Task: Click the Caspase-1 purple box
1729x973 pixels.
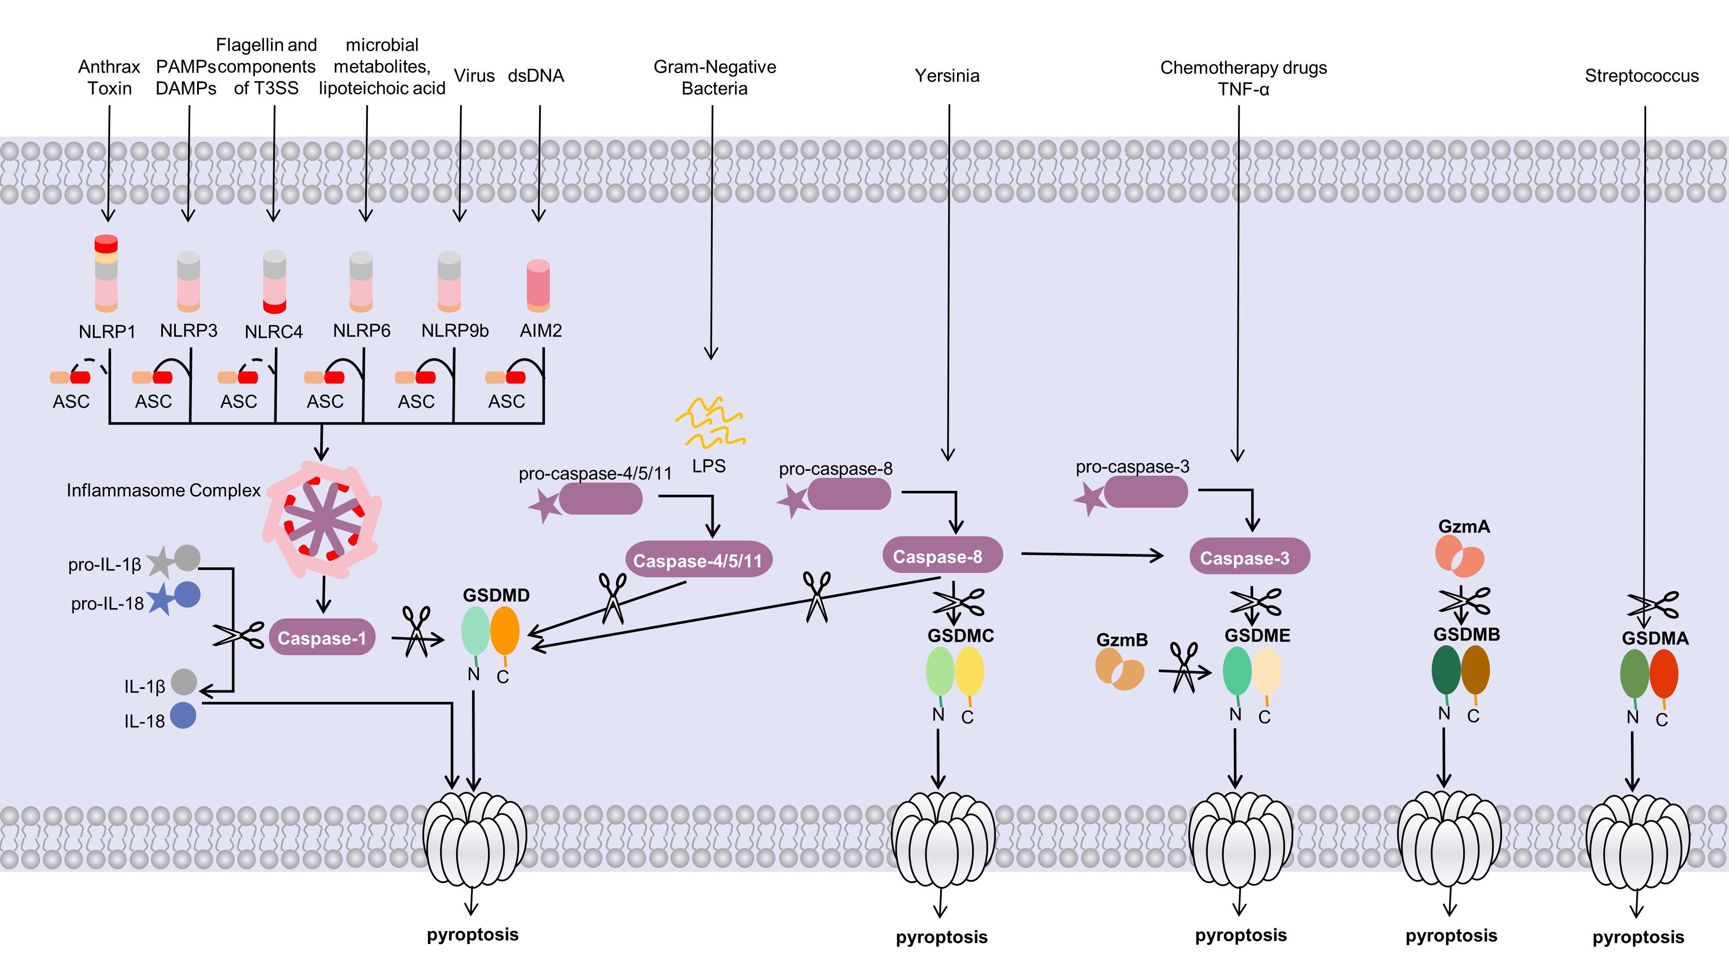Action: click(x=322, y=637)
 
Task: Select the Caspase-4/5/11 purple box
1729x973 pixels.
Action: click(x=698, y=560)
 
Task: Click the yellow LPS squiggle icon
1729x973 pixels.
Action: click(x=710, y=422)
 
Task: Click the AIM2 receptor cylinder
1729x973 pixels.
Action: click(x=538, y=286)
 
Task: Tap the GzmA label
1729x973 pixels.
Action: click(x=1464, y=526)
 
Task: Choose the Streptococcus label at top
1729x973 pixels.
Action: click(x=1642, y=76)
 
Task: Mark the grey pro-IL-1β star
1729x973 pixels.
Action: click(x=160, y=563)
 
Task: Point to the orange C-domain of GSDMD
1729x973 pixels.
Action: click(x=505, y=631)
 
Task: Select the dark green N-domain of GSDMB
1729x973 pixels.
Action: click(x=1446, y=669)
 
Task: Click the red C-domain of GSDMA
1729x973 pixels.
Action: click(x=1664, y=673)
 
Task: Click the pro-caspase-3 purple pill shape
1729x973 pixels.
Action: click(x=1146, y=492)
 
